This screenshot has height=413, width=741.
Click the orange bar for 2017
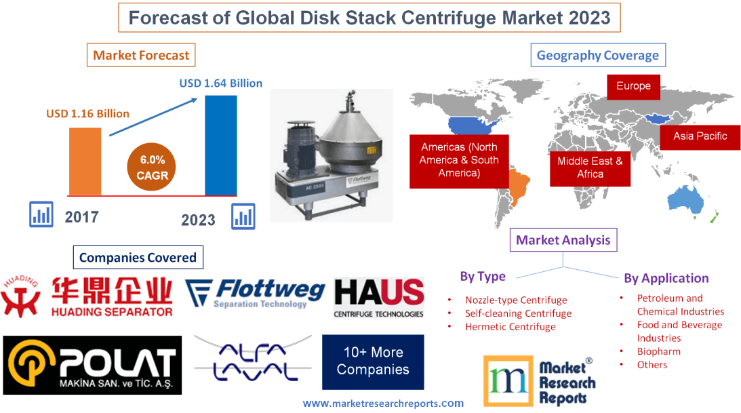pyautogui.click(x=85, y=161)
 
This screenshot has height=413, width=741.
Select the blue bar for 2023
pyautogui.click(x=221, y=145)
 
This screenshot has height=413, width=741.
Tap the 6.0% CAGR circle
pyautogui.click(x=152, y=167)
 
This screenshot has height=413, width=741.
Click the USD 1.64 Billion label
pyautogui.click(x=220, y=83)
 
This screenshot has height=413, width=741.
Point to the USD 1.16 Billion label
pyautogui.click(x=87, y=113)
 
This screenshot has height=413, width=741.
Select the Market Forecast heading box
pyautogui.click(x=141, y=55)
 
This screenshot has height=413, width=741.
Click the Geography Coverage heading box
pyautogui.click(x=597, y=55)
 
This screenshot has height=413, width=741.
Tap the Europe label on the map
pyautogui.click(x=633, y=86)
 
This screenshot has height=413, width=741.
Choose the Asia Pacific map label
pyautogui.click(x=700, y=136)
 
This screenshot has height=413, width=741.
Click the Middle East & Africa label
pyautogui.click(x=590, y=167)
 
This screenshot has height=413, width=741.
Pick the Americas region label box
pyautogui.click(x=458, y=160)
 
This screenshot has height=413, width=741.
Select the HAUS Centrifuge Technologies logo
pyautogui.click(x=378, y=297)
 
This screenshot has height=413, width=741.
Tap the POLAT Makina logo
pyautogui.click(x=92, y=365)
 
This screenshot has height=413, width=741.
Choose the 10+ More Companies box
pyautogui.click(x=373, y=361)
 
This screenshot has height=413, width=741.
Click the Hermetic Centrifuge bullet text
pyautogui.click(x=510, y=327)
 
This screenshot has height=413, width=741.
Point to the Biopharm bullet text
pyautogui.click(x=658, y=351)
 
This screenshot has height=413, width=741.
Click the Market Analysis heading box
pyautogui.click(x=563, y=240)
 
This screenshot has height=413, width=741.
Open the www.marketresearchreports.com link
pyautogui.click(x=383, y=403)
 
